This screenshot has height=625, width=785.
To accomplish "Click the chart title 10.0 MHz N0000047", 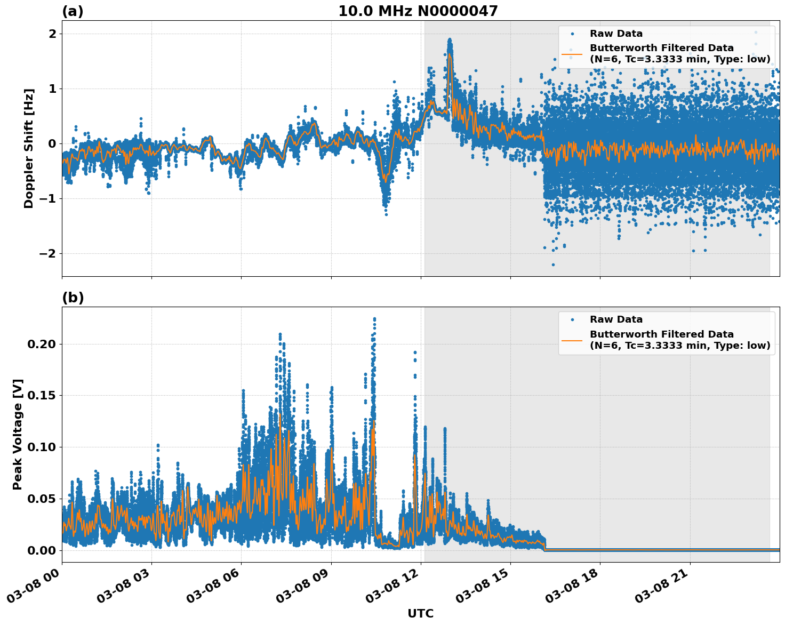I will pyautogui.click(x=418, y=11).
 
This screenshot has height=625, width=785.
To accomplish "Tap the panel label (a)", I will pyautogui.click(x=73, y=11).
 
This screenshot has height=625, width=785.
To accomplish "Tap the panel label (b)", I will pyautogui.click(x=73, y=298).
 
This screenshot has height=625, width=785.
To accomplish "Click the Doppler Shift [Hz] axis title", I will pyautogui.click(x=29, y=148).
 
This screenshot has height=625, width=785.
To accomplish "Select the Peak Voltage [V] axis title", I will pyautogui.click(x=18, y=435).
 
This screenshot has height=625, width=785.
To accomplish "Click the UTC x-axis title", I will pyautogui.click(x=420, y=613).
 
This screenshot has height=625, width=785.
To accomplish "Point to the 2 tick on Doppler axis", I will pyautogui.click(x=52, y=34).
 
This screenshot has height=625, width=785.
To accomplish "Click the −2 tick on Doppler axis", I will pyautogui.click(x=48, y=253).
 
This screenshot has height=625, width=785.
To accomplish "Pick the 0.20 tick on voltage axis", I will pyautogui.click(x=41, y=344).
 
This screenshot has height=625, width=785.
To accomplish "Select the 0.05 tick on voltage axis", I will pyautogui.click(x=41, y=499).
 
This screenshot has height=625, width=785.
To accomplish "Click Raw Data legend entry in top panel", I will pyautogui.click(x=616, y=34).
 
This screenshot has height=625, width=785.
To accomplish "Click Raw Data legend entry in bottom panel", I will pyautogui.click(x=616, y=319).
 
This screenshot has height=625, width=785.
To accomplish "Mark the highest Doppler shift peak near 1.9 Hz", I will pyautogui.click(x=450, y=39).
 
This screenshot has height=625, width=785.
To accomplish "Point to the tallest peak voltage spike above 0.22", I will pyautogui.click(x=374, y=319).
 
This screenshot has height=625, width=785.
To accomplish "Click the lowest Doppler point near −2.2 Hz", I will pyautogui.click(x=553, y=265).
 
